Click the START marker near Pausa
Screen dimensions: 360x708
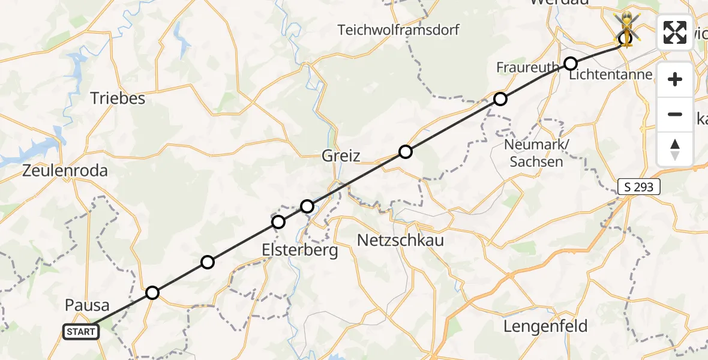point(81,331)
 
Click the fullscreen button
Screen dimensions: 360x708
point(675,32)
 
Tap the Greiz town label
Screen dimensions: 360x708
point(341,157)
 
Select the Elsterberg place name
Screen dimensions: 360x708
point(300,250)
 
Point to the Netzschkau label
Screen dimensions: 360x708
point(400,241)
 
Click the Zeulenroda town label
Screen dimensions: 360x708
point(65,171)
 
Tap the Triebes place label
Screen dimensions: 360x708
point(118,98)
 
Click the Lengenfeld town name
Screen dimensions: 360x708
point(545,327)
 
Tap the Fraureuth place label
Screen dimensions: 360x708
point(528,67)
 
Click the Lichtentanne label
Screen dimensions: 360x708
point(610,75)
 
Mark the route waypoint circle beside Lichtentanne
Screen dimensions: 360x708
point(571,64)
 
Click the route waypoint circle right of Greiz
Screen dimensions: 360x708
point(406,152)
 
